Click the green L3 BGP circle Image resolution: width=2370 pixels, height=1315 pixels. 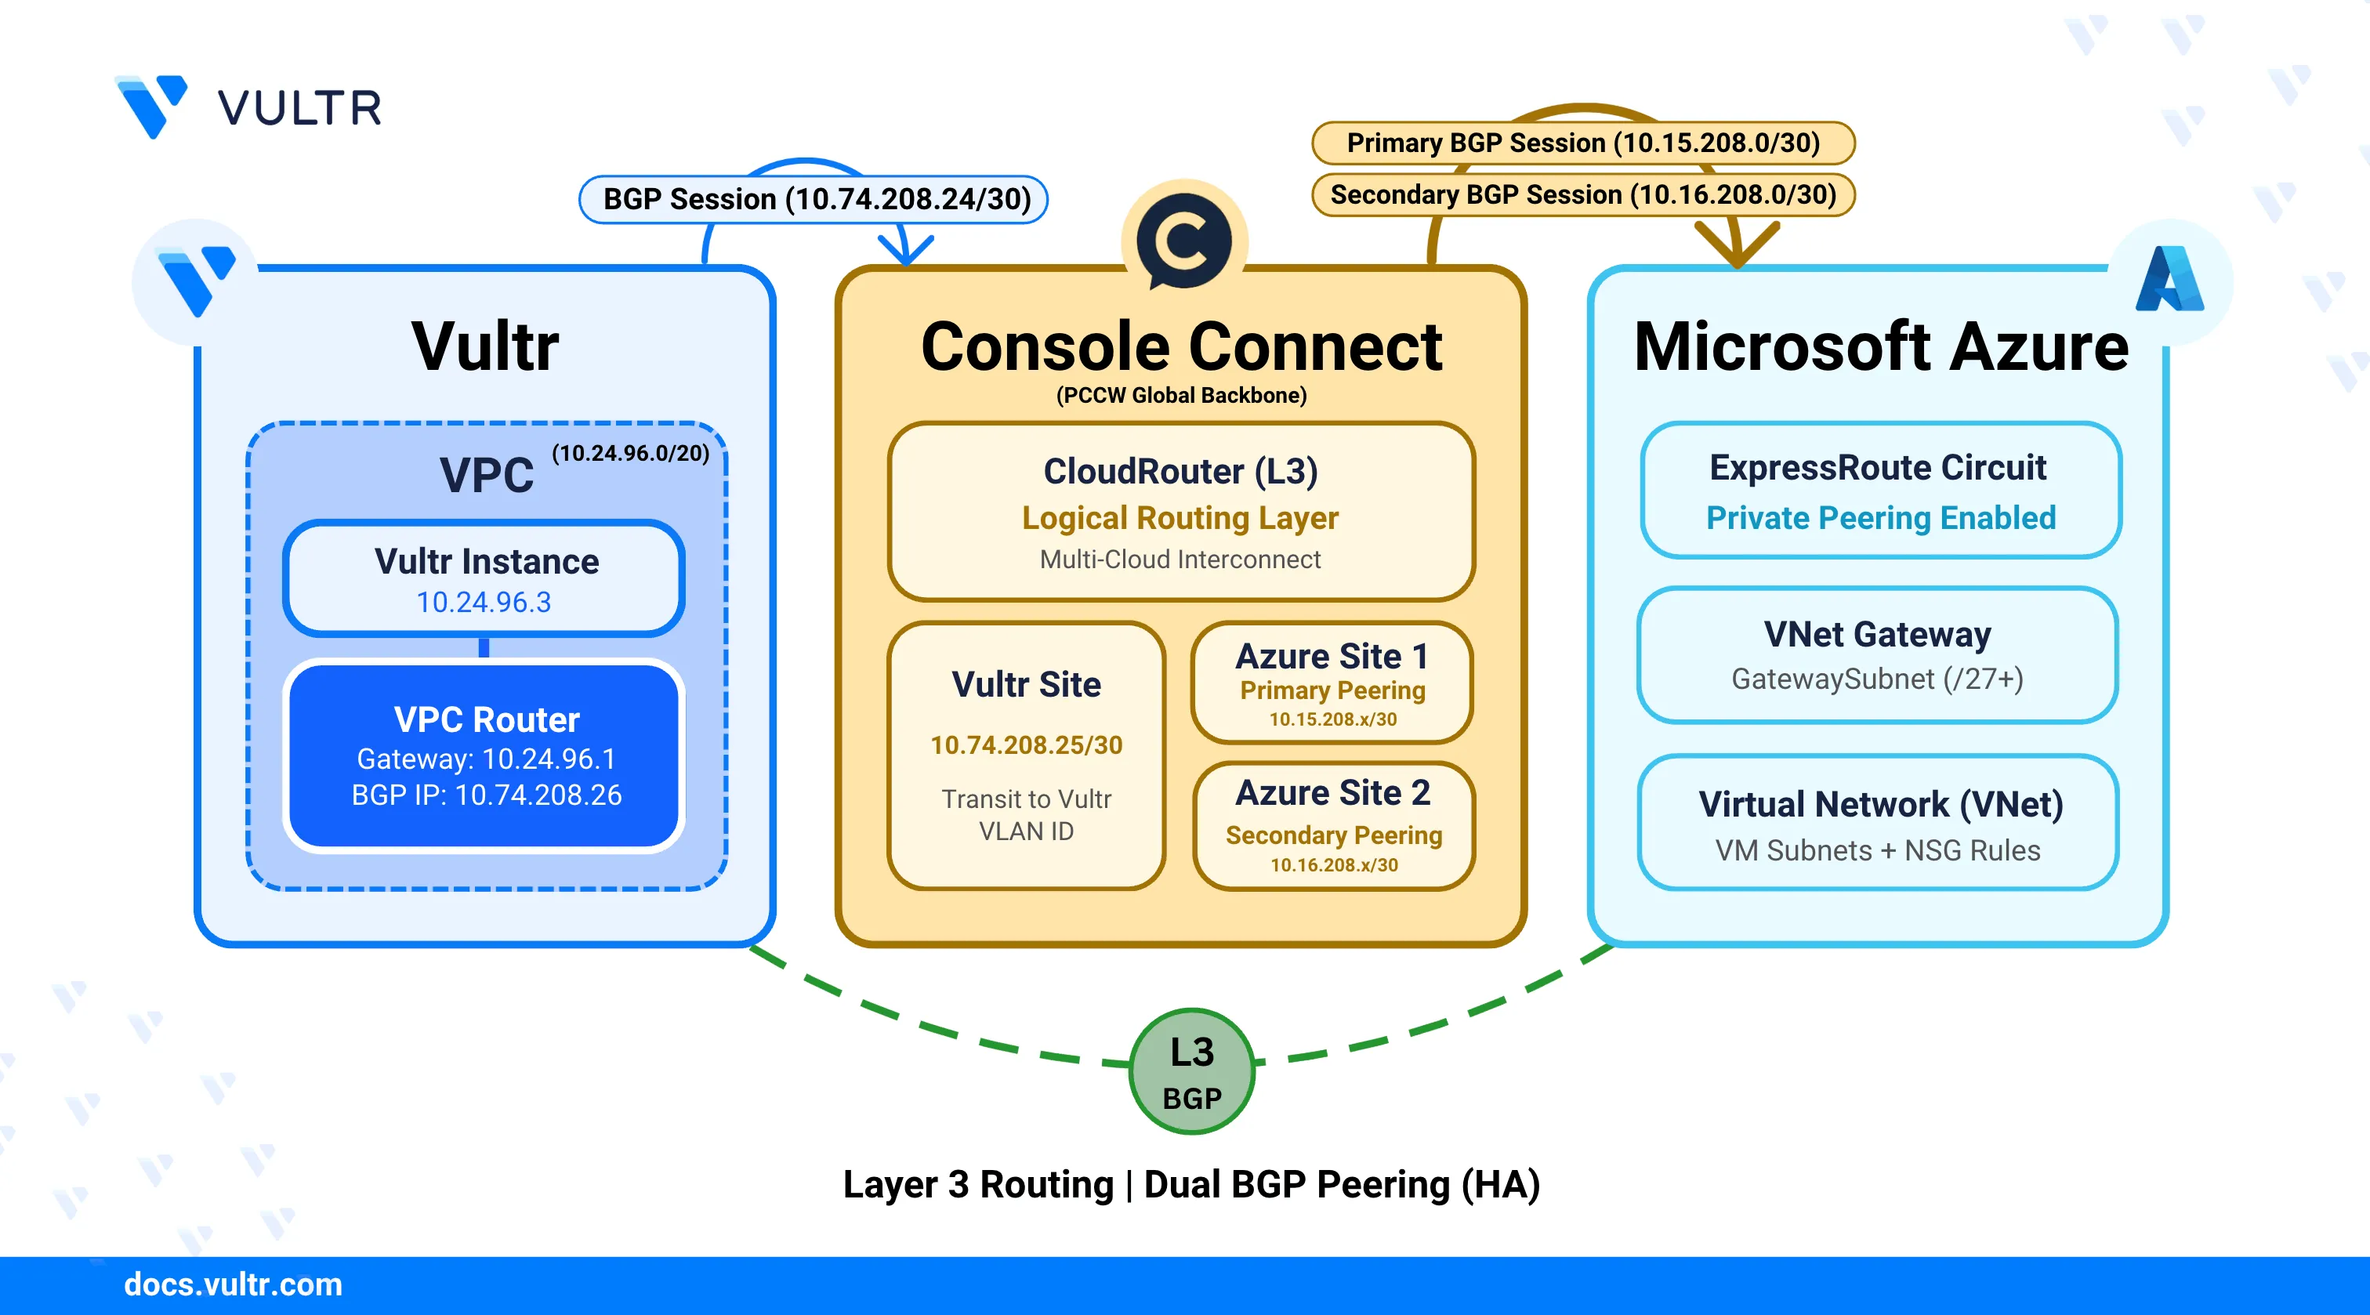(1191, 1072)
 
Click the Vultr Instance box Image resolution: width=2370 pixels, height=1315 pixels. (485, 579)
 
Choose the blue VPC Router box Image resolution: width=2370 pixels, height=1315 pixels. (485, 755)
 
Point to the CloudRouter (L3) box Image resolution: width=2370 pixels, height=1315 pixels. (1181, 512)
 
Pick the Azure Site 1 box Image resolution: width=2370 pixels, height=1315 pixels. (1332, 683)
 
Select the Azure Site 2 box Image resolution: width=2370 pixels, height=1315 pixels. (1333, 825)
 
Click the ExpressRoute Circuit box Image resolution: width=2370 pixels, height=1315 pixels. (1879, 491)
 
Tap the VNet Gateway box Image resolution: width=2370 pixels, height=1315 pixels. (1877, 655)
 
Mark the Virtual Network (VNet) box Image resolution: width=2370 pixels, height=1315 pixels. (1878, 823)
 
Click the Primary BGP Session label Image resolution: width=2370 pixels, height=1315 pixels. (1582, 143)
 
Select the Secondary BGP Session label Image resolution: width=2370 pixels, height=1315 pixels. (1582, 195)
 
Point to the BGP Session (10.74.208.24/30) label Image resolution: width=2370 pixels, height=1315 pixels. (815, 200)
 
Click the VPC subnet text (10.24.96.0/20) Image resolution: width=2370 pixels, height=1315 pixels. (630, 454)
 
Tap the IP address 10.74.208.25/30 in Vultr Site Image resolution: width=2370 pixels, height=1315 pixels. (1026, 744)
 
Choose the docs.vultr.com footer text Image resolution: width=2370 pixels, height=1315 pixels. (233, 1284)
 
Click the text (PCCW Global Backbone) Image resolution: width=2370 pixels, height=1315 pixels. (1181, 396)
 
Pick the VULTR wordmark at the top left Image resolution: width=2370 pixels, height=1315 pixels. (299, 109)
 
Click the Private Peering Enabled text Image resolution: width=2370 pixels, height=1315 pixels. (1879, 518)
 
